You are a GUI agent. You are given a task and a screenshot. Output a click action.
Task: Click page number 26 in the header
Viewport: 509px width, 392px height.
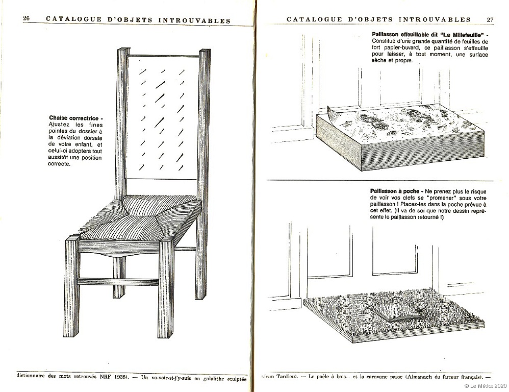click(27, 20)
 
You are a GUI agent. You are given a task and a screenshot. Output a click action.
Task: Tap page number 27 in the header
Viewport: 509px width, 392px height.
click(490, 19)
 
